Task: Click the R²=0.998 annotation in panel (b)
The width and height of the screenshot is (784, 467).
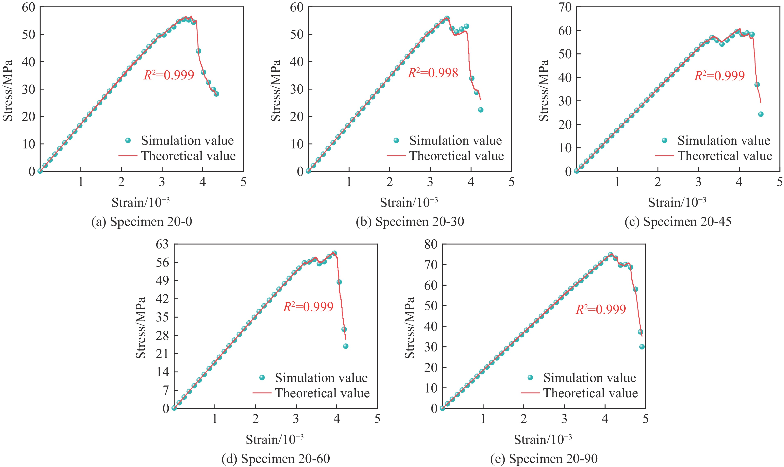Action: point(433,73)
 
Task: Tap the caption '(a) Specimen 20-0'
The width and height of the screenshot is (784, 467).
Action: point(142,222)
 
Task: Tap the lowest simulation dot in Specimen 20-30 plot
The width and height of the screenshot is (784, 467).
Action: point(480,110)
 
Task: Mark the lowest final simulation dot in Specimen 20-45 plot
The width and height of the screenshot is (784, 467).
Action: point(761,114)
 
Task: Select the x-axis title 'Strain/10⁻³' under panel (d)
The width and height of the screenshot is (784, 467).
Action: point(275,440)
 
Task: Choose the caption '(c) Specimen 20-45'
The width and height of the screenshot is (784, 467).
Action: point(678,222)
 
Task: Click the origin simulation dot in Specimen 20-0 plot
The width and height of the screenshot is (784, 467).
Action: point(40,171)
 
